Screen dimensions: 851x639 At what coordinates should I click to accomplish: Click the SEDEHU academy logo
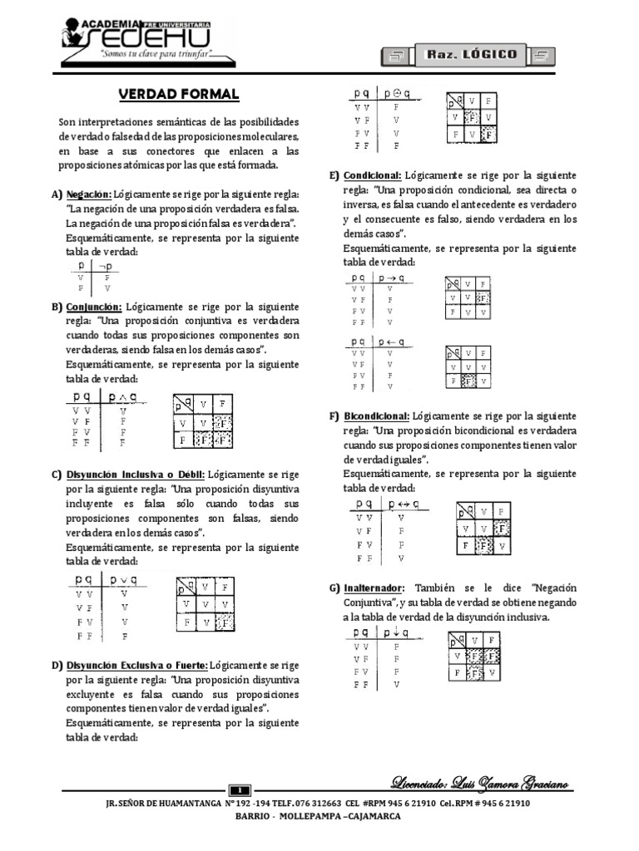tap(137, 37)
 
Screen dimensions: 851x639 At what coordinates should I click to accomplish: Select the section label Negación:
tap(89, 194)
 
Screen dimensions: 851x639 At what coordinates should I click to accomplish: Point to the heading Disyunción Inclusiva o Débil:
tap(136, 475)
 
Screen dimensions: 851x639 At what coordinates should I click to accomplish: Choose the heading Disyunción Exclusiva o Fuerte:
tap(136, 666)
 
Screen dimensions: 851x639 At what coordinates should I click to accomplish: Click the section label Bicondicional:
tap(376, 416)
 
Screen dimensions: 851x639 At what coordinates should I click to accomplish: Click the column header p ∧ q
tap(123, 396)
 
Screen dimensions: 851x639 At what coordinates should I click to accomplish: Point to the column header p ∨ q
tap(123, 579)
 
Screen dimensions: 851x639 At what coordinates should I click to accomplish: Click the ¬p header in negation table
tap(106, 266)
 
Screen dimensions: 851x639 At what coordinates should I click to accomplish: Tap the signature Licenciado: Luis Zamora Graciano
tap(482, 785)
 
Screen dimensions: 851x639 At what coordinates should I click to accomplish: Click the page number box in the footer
tap(239, 790)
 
